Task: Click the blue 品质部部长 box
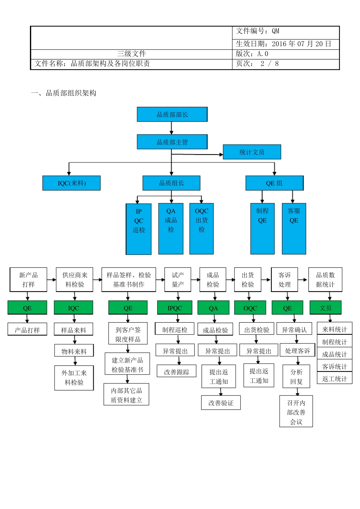[x=172, y=114]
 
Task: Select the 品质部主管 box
[x=172, y=142]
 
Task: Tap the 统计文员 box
[x=252, y=152]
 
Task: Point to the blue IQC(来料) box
[x=72, y=183]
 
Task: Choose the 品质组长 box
[x=171, y=183]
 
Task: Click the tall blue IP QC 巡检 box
[x=139, y=229]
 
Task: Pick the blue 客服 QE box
[x=294, y=228]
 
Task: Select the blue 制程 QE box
[x=262, y=228]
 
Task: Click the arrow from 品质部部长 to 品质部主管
[x=171, y=128]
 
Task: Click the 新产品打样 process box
[x=28, y=280]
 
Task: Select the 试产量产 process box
[x=178, y=280]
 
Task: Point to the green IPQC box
[x=175, y=308]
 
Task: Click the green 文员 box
[x=326, y=308]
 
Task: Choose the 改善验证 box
[x=221, y=403]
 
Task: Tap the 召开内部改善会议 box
[x=296, y=412]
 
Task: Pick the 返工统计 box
[x=335, y=378]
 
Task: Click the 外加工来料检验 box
[x=74, y=378]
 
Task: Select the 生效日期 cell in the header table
[x=285, y=44]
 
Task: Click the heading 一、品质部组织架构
[x=64, y=93]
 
